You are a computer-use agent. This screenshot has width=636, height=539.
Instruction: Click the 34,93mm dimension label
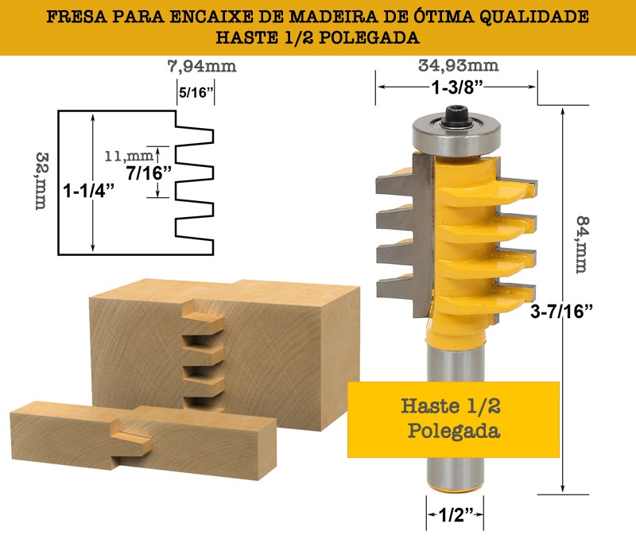click(x=459, y=66)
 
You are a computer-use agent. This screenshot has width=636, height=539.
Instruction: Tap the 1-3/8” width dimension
click(x=458, y=87)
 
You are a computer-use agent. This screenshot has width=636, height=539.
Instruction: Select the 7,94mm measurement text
click(x=202, y=67)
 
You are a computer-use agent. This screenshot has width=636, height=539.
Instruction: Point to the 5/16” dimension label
click(x=196, y=92)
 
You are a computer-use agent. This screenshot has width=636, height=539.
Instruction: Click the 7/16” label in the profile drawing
click(x=149, y=173)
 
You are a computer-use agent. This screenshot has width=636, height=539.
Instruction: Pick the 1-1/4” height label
click(x=89, y=190)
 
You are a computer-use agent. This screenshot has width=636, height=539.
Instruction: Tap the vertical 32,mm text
click(x=41, y=181)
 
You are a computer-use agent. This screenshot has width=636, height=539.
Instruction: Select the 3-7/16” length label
click(x=562, y=312)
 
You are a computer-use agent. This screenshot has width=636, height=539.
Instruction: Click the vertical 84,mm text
click(x=583, y=245)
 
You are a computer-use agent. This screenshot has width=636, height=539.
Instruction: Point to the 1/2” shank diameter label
click(x=455, y=515)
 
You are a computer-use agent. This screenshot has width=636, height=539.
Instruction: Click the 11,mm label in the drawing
click(x=129, y=156)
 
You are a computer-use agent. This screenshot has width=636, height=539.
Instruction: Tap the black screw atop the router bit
click(x=456, y=117)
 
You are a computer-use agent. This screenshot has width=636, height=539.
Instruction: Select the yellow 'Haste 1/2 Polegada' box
click(x=453, y=420)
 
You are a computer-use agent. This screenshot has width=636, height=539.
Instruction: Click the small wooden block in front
click(x=143, y=440)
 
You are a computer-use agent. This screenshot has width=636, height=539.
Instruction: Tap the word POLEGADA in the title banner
click(x=369, y=37)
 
